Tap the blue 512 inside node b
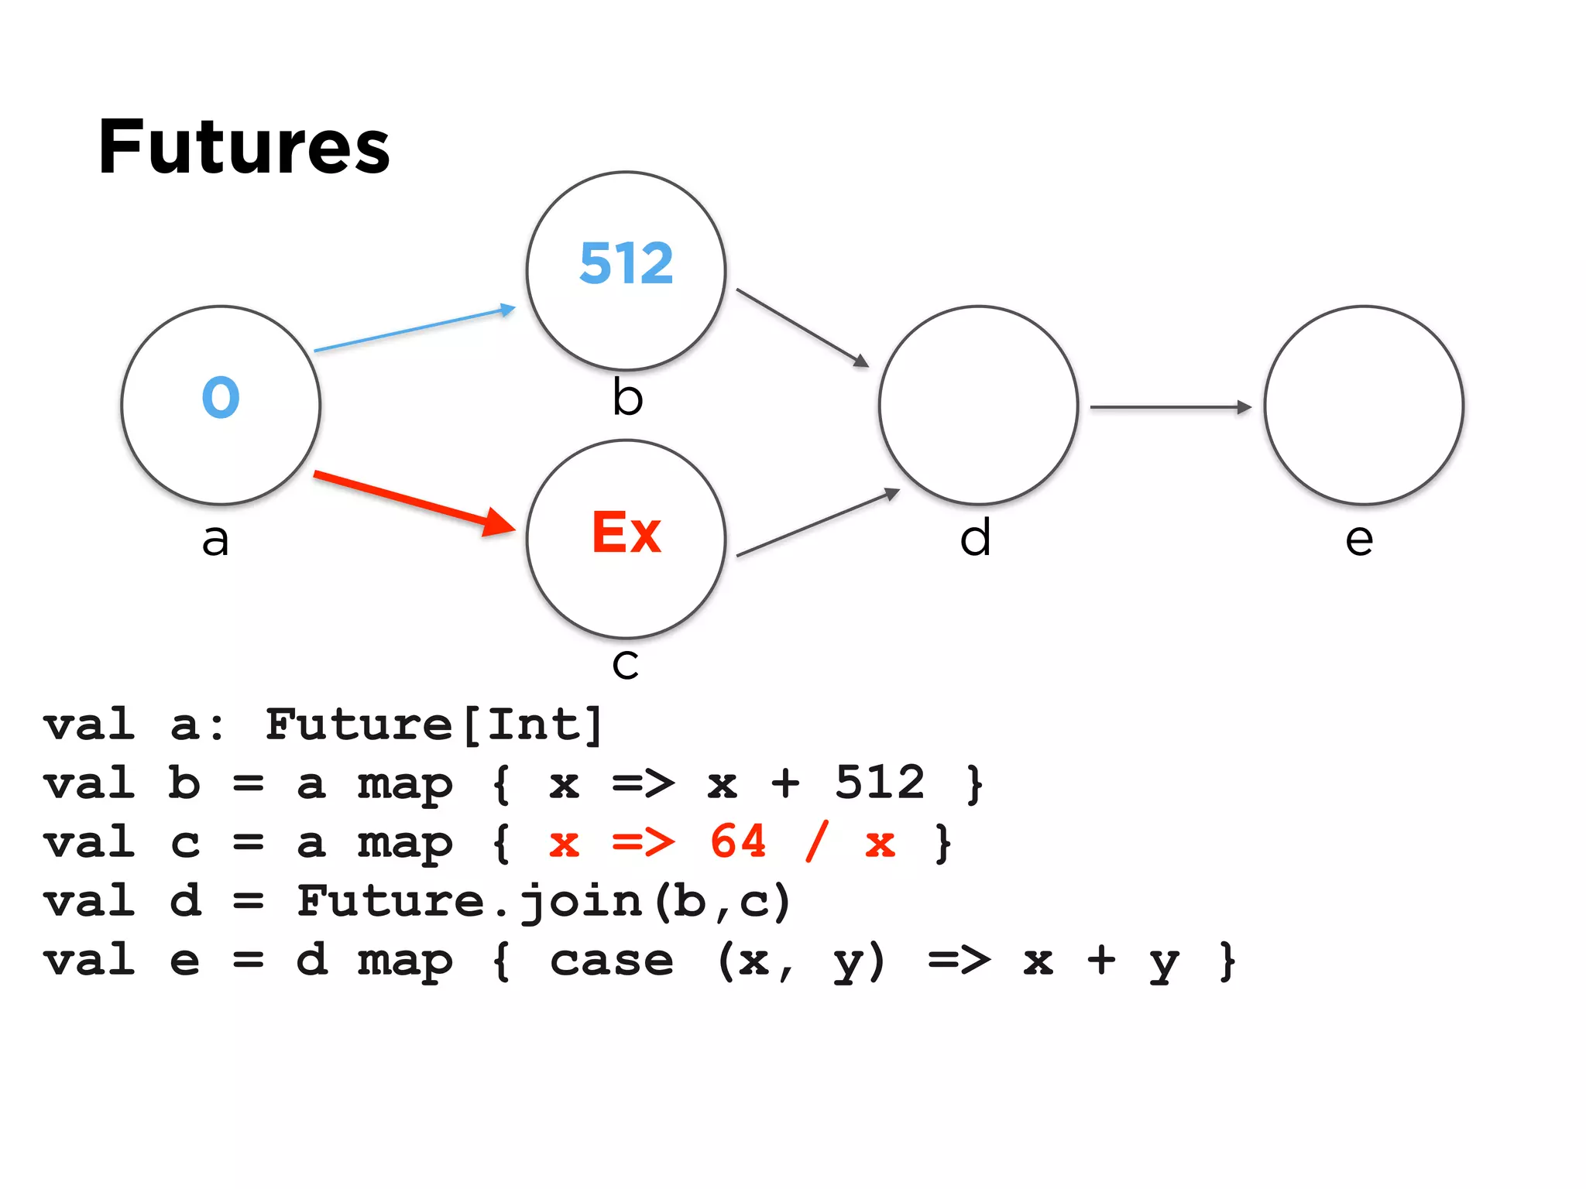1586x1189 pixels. tap(627, 263)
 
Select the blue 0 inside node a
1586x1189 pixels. tap(221, 397)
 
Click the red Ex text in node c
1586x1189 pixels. tap(627, 533)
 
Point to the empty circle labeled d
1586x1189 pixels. tap(978, 405)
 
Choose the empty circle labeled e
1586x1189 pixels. tap(1364, 405)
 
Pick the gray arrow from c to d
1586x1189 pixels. tap(817, 523)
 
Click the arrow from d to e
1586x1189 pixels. tap(1169, 407)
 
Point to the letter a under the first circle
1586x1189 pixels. tap(215, 540)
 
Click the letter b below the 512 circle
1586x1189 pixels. tap(627, 398)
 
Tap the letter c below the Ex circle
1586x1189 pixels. tap(626, 663)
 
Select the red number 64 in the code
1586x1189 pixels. tap(738, 841)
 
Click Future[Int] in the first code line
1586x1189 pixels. tap(434, 725)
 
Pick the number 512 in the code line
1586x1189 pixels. tap(880, 783)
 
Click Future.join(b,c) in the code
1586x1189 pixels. tap(544, 902)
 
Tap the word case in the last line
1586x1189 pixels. tap(612, 961)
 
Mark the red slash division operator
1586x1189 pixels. tap(816, 841)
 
